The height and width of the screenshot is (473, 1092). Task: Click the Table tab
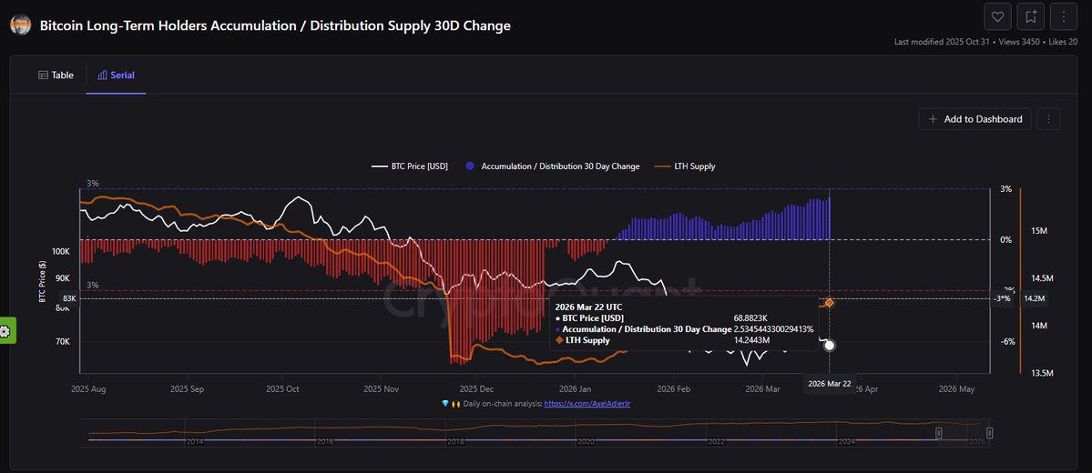click(x=56, y=75)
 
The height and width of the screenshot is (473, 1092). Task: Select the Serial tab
click(x=116, y=75)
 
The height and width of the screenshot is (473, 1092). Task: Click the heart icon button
click(x=997, y=16)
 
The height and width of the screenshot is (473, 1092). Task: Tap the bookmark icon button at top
click(x=1030, y=16)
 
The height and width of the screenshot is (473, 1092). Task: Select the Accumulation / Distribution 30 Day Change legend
click(x=553, y=166)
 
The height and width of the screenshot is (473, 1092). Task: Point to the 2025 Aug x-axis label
click(x=88, y=388)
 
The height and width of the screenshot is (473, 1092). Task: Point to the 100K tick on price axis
click(x=61, y=251)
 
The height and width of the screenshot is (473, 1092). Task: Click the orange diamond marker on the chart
click(x=829, y=303)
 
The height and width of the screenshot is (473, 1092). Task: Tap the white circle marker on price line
click(x=829, y=345)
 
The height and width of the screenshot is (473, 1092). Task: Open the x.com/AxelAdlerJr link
click(x=587, y=403)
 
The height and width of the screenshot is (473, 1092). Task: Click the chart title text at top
click(x=275, y=25)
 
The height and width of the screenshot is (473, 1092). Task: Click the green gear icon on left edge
click(x=5, y=331)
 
